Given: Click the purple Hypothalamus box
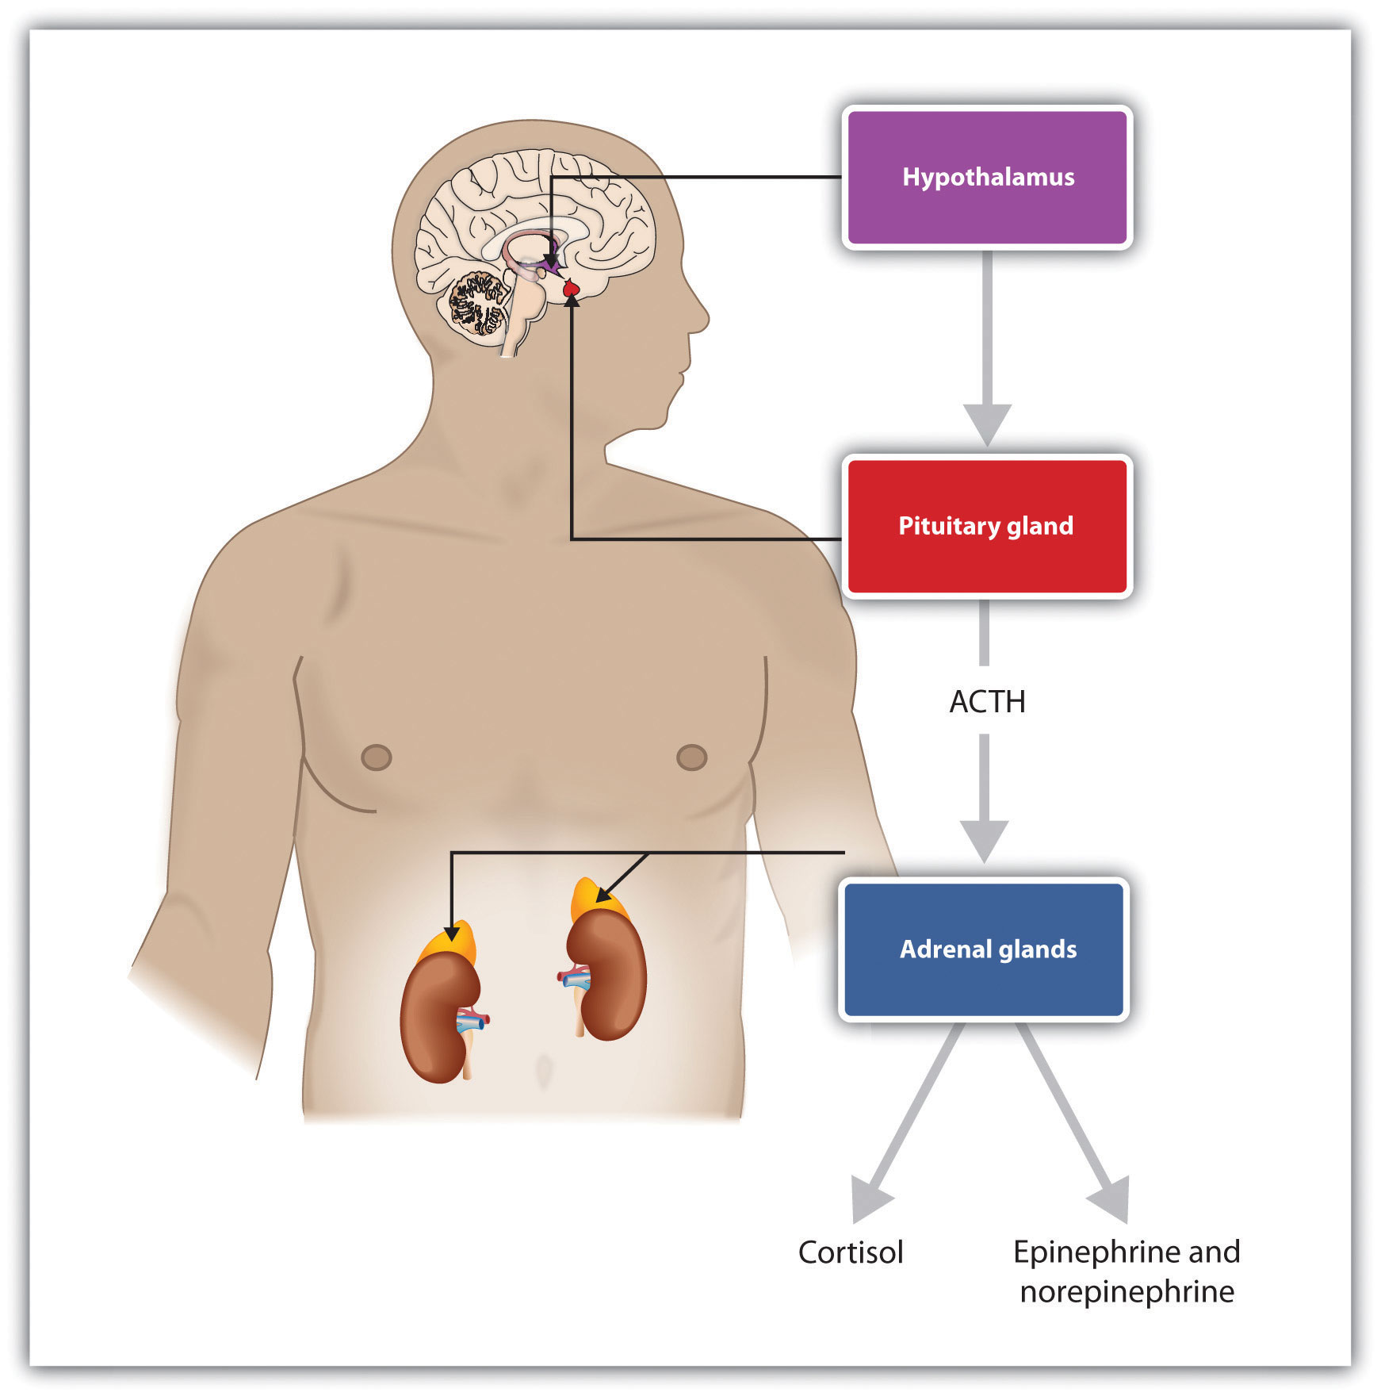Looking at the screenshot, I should [987, 178].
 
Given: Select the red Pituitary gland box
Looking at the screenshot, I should [987, 526].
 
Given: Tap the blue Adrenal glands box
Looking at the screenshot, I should [984, 949].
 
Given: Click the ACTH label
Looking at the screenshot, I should [987, 702].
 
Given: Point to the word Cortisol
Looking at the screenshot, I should [850, 1253].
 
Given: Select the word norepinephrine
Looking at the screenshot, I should [1127, 1292].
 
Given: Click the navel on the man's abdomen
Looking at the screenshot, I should [543, 1071].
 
